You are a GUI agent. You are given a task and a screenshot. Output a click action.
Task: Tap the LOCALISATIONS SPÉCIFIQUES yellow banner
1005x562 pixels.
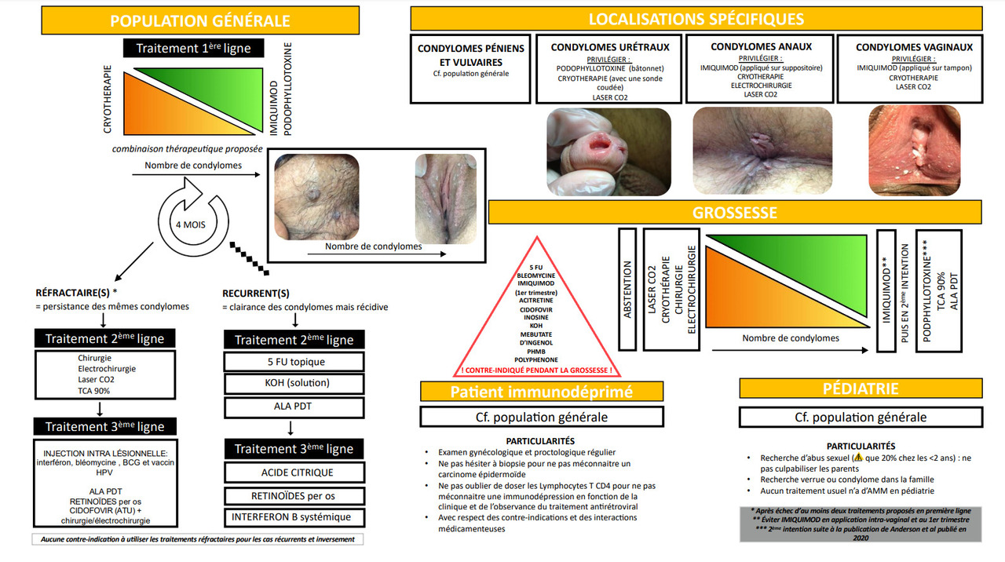[696, 20]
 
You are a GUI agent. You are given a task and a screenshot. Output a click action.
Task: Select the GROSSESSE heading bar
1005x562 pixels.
[734, 213]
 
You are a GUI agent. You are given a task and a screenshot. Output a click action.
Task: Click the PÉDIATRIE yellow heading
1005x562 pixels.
[861, 389]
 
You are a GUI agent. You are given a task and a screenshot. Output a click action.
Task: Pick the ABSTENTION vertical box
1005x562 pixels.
[627, 289]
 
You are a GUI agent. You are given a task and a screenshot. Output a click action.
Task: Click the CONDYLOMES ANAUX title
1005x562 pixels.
[761, 47]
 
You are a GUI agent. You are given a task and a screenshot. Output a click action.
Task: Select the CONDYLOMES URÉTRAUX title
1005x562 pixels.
[610, 47]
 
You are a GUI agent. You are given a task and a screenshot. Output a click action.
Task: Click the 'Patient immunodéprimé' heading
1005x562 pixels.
[540, 392]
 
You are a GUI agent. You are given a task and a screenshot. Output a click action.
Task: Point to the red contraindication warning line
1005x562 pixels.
[537, 370]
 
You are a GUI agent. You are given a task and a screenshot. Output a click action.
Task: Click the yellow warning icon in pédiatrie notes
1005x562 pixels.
[858, 458]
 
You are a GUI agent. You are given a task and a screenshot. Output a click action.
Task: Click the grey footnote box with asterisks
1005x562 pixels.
[860, 524]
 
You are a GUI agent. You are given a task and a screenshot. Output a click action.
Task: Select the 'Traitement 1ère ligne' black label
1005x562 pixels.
[193, 48]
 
